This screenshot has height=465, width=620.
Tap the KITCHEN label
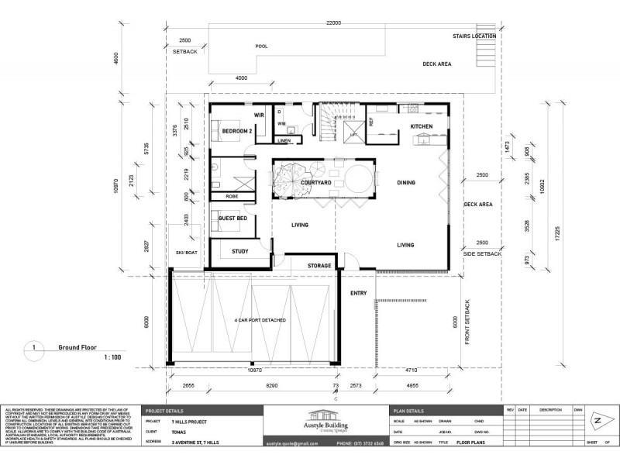click(421, 126)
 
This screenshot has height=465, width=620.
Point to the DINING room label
click(405, 183)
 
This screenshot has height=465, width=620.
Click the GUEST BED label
click(232, 219)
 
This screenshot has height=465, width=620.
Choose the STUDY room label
click(239, 251)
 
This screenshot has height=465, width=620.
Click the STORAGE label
click(319, 266)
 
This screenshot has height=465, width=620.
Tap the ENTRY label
click(359, 293)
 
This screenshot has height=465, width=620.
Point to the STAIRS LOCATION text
click(475, 36)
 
